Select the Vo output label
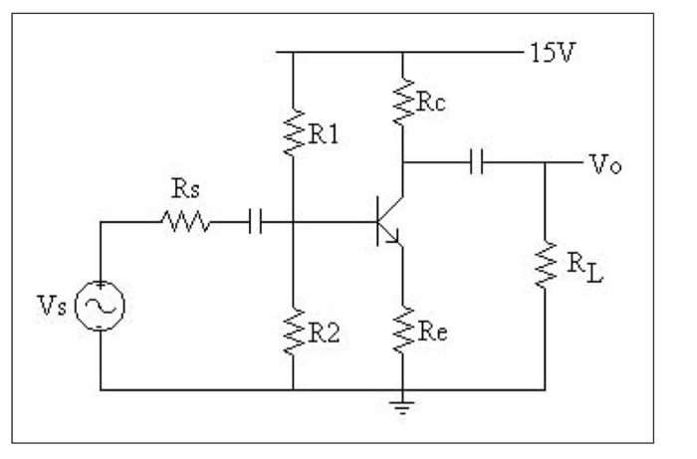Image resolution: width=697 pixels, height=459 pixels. (597, 163)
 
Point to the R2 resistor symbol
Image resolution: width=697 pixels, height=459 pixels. (294, 333)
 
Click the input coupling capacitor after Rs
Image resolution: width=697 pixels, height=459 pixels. (253, 223)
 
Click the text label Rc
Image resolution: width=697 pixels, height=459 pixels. (432, 99)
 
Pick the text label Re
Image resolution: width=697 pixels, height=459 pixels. (431, 330)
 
